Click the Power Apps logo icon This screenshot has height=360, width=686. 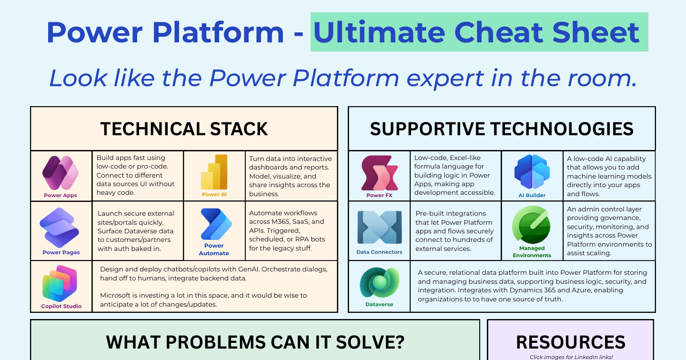coord(61,173)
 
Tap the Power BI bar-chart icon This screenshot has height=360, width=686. coord(214,172)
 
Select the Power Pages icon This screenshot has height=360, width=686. coord(60,228)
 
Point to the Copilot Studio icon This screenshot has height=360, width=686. coord(60,283)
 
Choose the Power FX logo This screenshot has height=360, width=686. coord(379,173)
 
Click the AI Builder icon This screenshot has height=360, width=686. coord(532,172)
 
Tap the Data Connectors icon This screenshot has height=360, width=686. coord(379,227)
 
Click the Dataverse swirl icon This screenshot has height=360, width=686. coord(379,282)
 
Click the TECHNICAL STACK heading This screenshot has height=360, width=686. coord(184,129)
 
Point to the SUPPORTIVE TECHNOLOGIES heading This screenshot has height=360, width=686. coord(502,129)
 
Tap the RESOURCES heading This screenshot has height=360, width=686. coord(571,342)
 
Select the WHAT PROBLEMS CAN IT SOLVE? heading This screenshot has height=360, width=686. coord(255,342)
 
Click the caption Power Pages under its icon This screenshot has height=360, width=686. coord(61,252)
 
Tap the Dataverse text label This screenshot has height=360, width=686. coord(379,304)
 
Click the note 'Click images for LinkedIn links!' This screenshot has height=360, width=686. coord(571,357)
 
